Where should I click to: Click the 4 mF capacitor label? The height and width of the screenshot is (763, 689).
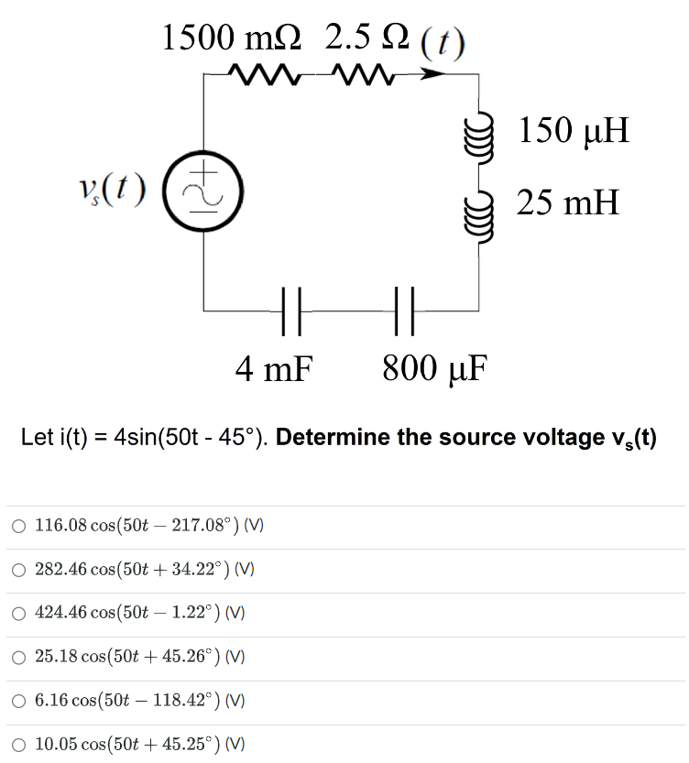[x=274, y=368]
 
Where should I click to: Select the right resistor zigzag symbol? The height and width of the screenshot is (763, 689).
[x=365, y=72]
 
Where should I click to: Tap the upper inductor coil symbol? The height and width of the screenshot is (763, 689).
[x=476, y=133]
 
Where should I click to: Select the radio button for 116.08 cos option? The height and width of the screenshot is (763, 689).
[x=19, y=526]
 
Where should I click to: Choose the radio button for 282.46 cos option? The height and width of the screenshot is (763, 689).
[x=19, y=570]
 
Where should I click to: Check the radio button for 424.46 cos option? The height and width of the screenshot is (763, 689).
[x=19, y=614]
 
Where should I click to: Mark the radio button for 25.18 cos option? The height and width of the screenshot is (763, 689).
[x=19, y=657]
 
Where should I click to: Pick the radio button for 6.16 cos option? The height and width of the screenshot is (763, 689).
[x=19, y=701]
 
